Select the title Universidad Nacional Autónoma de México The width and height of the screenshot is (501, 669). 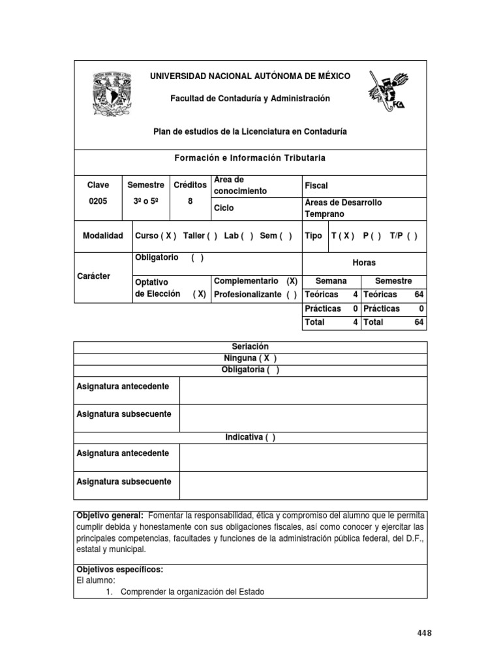(x=250, y=76)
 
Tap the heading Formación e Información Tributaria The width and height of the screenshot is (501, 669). (x=250, y=158)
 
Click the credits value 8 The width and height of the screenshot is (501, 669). (x=190, y=202)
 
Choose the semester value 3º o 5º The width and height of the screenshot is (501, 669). (x=145, y=202)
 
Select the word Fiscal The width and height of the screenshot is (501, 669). (x=316, y=186)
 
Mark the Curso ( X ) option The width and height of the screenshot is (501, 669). (x=155, y=236)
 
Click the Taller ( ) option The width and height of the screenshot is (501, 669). (x=200, y=236)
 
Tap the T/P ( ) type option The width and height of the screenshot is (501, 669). (x=403, y=236)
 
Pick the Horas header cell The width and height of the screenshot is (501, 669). (x=364, y=262)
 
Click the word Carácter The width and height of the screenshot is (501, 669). (x=94, y=276)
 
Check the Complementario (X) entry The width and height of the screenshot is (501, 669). (x=256, y=281)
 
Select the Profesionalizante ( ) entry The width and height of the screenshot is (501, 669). (x=256, y=294)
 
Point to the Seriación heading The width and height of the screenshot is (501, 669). (x=250, y=346)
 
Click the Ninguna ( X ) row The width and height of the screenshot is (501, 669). (x=250, y=359)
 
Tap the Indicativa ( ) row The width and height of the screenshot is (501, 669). (x=250, y=438)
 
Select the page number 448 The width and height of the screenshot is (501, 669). (x=424, y=633)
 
